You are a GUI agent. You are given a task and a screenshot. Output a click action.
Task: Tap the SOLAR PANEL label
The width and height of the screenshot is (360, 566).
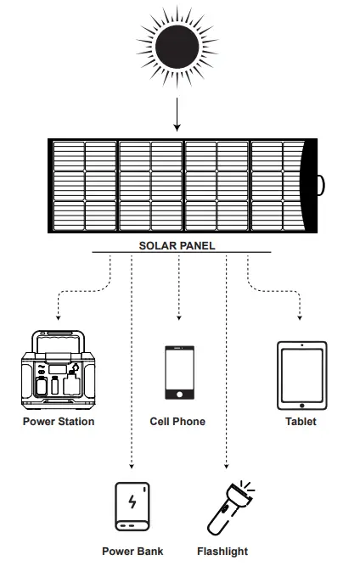(x=177, y=246)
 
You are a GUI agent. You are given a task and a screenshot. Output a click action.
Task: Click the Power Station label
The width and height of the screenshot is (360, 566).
(x=59, y=422)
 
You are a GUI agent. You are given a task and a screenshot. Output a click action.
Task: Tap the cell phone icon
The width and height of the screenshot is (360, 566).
(x=177, y=372)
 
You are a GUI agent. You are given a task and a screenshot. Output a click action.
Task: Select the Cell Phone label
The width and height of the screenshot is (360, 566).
(x=177, y=422)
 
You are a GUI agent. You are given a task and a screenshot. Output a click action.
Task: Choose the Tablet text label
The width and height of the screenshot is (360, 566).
(x=301, y=422)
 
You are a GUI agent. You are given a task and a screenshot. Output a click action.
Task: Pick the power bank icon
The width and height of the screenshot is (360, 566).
(x=132, y=507)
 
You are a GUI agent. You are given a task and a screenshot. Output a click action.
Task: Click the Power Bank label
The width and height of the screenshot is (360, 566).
(x=132, y=552)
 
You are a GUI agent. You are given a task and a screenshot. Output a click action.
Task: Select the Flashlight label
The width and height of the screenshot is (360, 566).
(x=222, y=552)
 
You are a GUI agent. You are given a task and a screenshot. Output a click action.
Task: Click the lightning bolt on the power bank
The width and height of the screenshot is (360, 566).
(x=132, y=502)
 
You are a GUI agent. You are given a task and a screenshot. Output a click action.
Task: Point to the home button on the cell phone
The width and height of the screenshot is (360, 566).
(x=177, y=394)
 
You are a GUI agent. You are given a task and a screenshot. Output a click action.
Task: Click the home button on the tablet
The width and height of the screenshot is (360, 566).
(x=301, y=402)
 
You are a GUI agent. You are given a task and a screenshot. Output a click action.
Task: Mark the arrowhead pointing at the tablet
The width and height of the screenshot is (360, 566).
(x=301, y=318)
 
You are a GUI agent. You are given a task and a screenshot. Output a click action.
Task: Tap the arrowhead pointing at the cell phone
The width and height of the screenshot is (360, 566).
(x=178, y=318)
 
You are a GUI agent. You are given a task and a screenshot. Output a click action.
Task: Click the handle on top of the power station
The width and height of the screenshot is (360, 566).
(x=58, y=337)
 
